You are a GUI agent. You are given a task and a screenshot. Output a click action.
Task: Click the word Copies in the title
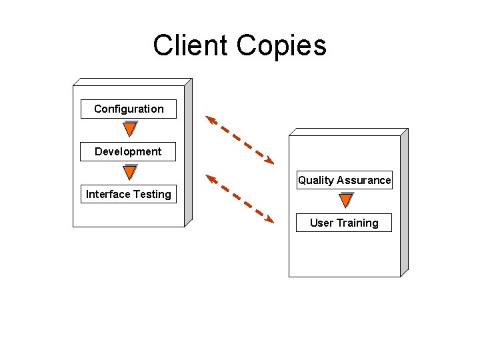(x=282, y=46)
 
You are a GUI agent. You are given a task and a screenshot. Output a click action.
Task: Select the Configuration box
(x=129, y=109)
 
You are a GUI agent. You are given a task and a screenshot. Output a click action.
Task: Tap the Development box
(x=128, y=151)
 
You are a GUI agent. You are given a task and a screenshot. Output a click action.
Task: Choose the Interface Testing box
(x=129, y=194)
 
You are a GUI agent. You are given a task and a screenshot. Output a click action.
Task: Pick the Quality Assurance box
(x=344, y=180)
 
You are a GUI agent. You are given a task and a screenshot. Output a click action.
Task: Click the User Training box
(x=344, y=223)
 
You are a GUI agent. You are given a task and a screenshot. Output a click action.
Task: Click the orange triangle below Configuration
(x=130, y=129)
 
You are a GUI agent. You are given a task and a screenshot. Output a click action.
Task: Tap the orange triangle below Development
(x=130, y=172)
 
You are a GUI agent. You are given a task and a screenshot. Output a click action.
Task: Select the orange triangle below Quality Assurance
(x=346, y=200)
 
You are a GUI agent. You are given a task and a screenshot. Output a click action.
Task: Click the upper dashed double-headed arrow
(x=240, y=139)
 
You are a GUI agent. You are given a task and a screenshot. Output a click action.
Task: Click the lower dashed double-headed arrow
(x=240, y=198)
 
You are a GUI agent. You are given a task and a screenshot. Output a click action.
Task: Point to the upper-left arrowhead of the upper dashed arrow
(x=211, y=119)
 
